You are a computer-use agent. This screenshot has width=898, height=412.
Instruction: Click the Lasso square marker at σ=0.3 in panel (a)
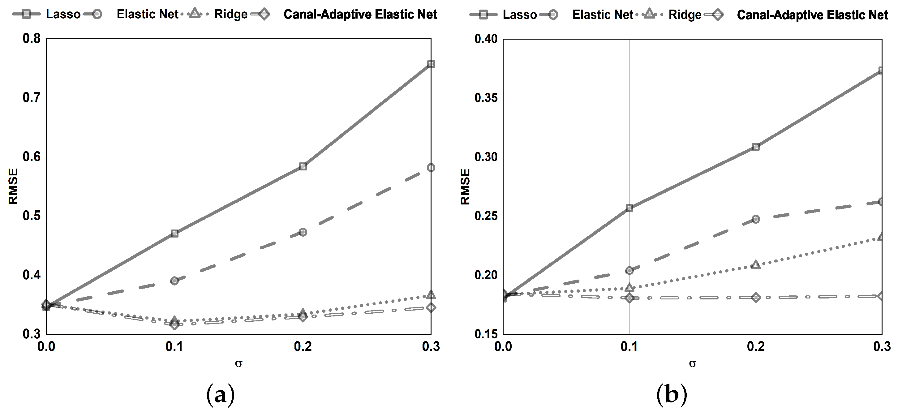pyautogui.click(x=431, y=64)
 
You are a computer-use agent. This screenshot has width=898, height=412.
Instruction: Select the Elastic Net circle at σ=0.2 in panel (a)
pyautogui.click(x=303, y=232)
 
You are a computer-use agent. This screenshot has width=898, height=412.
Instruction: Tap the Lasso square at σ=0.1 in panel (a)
pyautogui.click(x=175, y=234)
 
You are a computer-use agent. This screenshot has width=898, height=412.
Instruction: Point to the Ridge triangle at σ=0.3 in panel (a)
pyautogui.click(x=431, y=295)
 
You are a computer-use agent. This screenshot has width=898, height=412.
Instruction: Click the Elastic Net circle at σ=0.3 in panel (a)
pyautogui.click(x=431, y=168)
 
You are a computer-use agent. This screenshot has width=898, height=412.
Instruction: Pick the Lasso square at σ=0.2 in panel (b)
pyautogui.click(x=756, y=147)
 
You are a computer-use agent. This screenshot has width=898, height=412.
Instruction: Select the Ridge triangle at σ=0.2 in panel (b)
pyautogui.click(x=756, y=265)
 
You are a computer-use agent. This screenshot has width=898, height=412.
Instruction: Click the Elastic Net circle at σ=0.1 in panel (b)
pyautogui.click(x=629, y=270)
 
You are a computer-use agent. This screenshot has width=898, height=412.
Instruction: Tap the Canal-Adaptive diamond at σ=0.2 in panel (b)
pyautogui.click(x=756, y=298)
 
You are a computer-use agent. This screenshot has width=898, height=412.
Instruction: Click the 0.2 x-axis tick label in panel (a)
pyautogui.click(x=303, y=347)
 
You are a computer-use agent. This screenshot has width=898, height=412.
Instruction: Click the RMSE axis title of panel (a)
pyautogui.click(x=13, y=187)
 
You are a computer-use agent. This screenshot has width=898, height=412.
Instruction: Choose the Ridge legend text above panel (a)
pyautogui.click(x=231, y=14)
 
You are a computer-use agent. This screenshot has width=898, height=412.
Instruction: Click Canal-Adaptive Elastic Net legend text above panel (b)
pyautogui.click(x=812, y=15)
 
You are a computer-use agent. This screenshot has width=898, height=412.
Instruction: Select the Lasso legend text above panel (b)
pyautogui.click(x=519, y=15)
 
